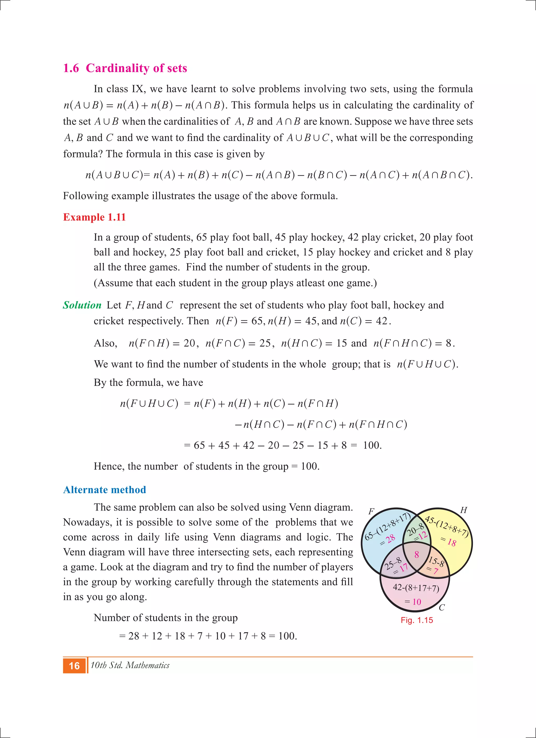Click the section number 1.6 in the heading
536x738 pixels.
[x=71, y=68]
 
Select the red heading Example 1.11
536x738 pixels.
[x=94, y=217]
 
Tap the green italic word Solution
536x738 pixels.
[x=82, y=305]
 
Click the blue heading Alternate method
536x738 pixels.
[x=104, y=490]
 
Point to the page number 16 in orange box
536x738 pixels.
[x=74, y=666]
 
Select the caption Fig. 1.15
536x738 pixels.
[x=416, y=620]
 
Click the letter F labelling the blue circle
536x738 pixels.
[x=371, y=511]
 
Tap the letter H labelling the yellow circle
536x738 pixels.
[x=464, y=510]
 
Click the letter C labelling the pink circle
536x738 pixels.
[x=442, y=608]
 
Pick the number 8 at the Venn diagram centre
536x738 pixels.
[x=416, y=554]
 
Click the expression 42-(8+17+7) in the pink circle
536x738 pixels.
[x=416, y=588]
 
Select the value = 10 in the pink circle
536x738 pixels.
[x=413, y=602]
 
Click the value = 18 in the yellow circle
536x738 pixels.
[x=448, y=541]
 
